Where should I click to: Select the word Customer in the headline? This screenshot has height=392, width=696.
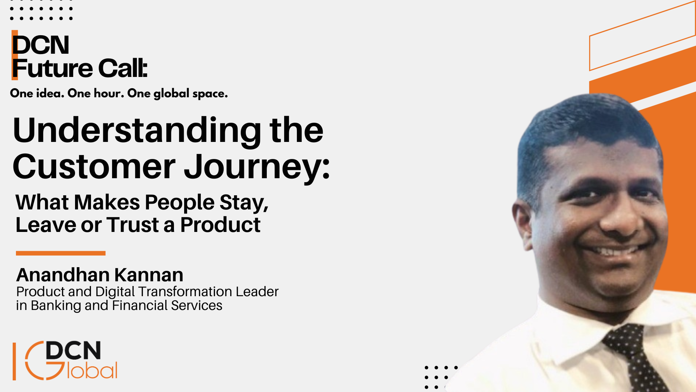(x=94, y=167)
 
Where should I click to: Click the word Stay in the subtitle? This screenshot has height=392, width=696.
(x=244, y=203)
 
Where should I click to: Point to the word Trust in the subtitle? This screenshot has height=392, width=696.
(x=133, y=225)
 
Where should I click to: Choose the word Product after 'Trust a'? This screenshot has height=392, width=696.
(x=220, y=225)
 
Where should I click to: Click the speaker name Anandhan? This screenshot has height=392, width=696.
(x=63, y=275)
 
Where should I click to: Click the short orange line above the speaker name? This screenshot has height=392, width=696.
(x=61, y=253)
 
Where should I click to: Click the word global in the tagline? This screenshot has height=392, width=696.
(x=171, y=94)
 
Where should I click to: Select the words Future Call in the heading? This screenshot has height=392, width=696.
(x=80, y=68)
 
